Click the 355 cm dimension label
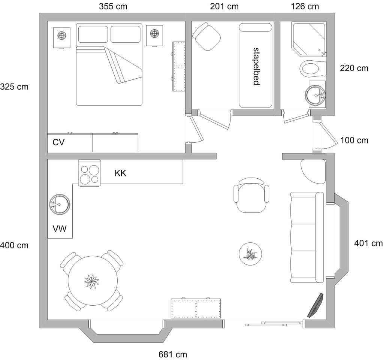[x=113, y=6]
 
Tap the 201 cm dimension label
[x=224, y=6]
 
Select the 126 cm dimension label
[x=305, y=6]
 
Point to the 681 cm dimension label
[x=173, y=354]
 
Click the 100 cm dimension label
[x=354, y=140]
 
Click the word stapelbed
[x=256, y=66]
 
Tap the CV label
[x=59, y=142]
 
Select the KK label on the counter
[x=120, y=173]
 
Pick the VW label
[x=60, y=228]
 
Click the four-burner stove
[x=89, y=173]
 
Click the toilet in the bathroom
[x=311, y=68]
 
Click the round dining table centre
[x=91, y=281]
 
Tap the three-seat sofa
[x=307, y=237]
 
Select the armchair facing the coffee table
[x=251, y=194]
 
